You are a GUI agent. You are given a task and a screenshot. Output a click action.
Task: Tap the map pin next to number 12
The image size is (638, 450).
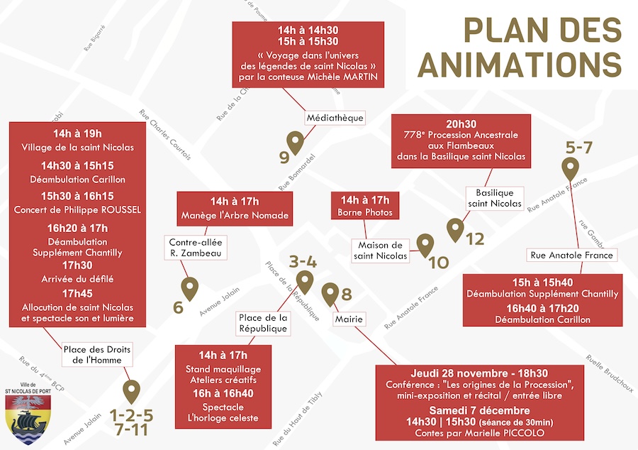click(455, 229)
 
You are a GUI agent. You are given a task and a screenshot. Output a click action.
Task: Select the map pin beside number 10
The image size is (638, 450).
click(425, 245)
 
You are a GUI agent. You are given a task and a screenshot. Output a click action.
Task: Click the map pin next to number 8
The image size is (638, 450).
click(330, 292)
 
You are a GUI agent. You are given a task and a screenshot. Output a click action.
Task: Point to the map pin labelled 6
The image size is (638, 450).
click(190, 287)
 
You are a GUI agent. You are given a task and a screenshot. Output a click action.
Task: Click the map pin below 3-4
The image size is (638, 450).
click(304, 281)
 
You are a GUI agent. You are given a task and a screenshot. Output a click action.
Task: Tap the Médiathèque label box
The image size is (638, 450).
click(335, 117)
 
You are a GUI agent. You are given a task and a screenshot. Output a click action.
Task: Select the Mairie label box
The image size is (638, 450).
click(350, 320)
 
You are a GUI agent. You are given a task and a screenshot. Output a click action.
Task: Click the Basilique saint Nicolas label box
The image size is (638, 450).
click(495, 198)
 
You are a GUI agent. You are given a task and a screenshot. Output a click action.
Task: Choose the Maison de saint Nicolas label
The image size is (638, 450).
click(381, 250)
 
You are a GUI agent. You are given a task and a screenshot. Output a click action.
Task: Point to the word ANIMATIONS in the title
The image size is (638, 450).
click(519, 63)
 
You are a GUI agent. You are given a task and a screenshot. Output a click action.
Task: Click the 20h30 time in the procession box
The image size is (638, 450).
click(461, 122)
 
